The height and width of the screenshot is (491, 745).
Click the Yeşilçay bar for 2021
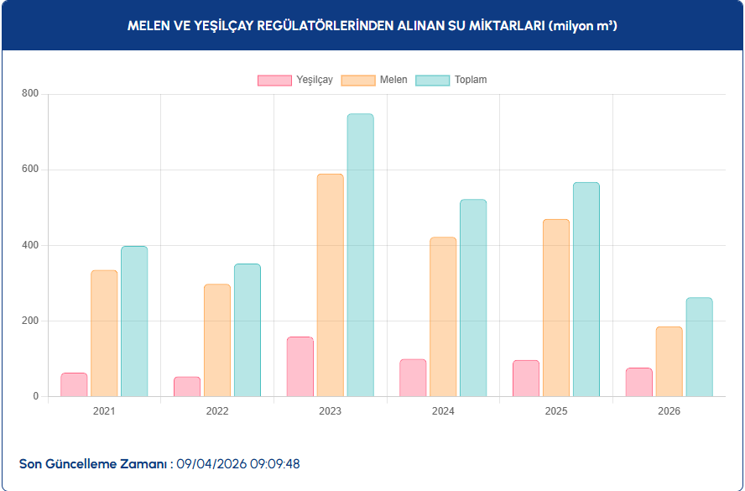[x=74, y=384]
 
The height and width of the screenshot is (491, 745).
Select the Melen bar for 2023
[x=330, y=285]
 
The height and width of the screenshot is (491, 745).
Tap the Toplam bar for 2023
[x=360, y=255]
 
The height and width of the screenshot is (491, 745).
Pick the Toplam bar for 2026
[x=699, y=347]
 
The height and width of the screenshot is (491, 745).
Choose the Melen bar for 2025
[x=555, y=308]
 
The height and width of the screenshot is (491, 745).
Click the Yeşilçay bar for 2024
[x=413, y=378]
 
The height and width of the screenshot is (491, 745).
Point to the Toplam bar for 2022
[x=247, y=330]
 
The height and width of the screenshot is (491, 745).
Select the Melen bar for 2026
[x=669, y=361]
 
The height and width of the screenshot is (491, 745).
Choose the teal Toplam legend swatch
[x=433, y=81]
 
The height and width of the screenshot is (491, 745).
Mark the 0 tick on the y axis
[x=35, y=396]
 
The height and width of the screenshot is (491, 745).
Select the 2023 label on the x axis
[x=330, y=411]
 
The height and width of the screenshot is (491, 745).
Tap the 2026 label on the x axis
[x=669, y=411]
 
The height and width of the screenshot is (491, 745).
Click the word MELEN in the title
[x=148, y=26]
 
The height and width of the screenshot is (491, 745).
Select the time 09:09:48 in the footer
[x=276, y=463]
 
